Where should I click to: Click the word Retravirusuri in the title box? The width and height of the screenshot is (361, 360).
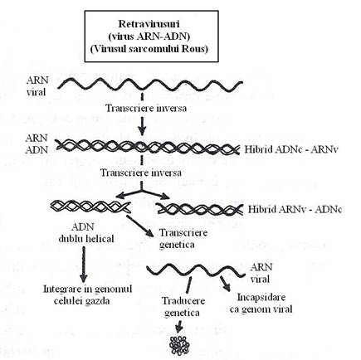tap(149, 24)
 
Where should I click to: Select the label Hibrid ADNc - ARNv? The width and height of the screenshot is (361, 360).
tap(292, 149)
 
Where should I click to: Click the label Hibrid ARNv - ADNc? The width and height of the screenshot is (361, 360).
tap(295, 209)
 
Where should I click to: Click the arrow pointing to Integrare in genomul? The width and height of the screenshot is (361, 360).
tap(83, 265)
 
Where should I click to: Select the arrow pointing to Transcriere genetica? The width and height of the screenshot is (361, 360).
tap(139, 226)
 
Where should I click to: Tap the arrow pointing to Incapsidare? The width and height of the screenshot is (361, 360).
tap(225, 283)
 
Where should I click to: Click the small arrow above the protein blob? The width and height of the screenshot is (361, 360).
tap(179, 327)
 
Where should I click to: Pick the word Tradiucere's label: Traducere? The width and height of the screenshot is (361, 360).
tap(183, 301)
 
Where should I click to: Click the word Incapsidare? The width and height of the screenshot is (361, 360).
tap(261, 297)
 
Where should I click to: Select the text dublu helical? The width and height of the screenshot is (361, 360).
tap(86, 239)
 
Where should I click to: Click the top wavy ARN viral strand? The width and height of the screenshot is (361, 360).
tap(150, 85)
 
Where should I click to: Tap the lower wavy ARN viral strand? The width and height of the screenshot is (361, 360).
tap(196, 270)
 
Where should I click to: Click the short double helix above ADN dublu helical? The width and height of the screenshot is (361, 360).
tap(90, 206)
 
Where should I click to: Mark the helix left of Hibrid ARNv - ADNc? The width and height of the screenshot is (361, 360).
tap(200, 209)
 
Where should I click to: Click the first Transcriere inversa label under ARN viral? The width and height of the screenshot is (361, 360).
tap(146, 108)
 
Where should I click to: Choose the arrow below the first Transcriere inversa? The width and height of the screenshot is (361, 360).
tap(142, 126)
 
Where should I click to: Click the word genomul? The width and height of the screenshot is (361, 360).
tap(113, 289)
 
